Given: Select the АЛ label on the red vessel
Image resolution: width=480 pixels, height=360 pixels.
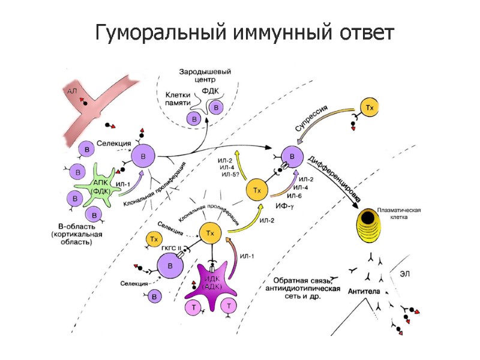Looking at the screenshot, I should click(x=73, y=91).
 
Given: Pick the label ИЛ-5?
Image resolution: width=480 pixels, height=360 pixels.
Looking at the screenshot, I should click(x=230, y=175).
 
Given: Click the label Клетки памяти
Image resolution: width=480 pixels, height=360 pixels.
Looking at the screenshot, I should click(x=179, y=99).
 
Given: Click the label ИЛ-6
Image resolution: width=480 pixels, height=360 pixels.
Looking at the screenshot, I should click(x=295, y=196).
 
